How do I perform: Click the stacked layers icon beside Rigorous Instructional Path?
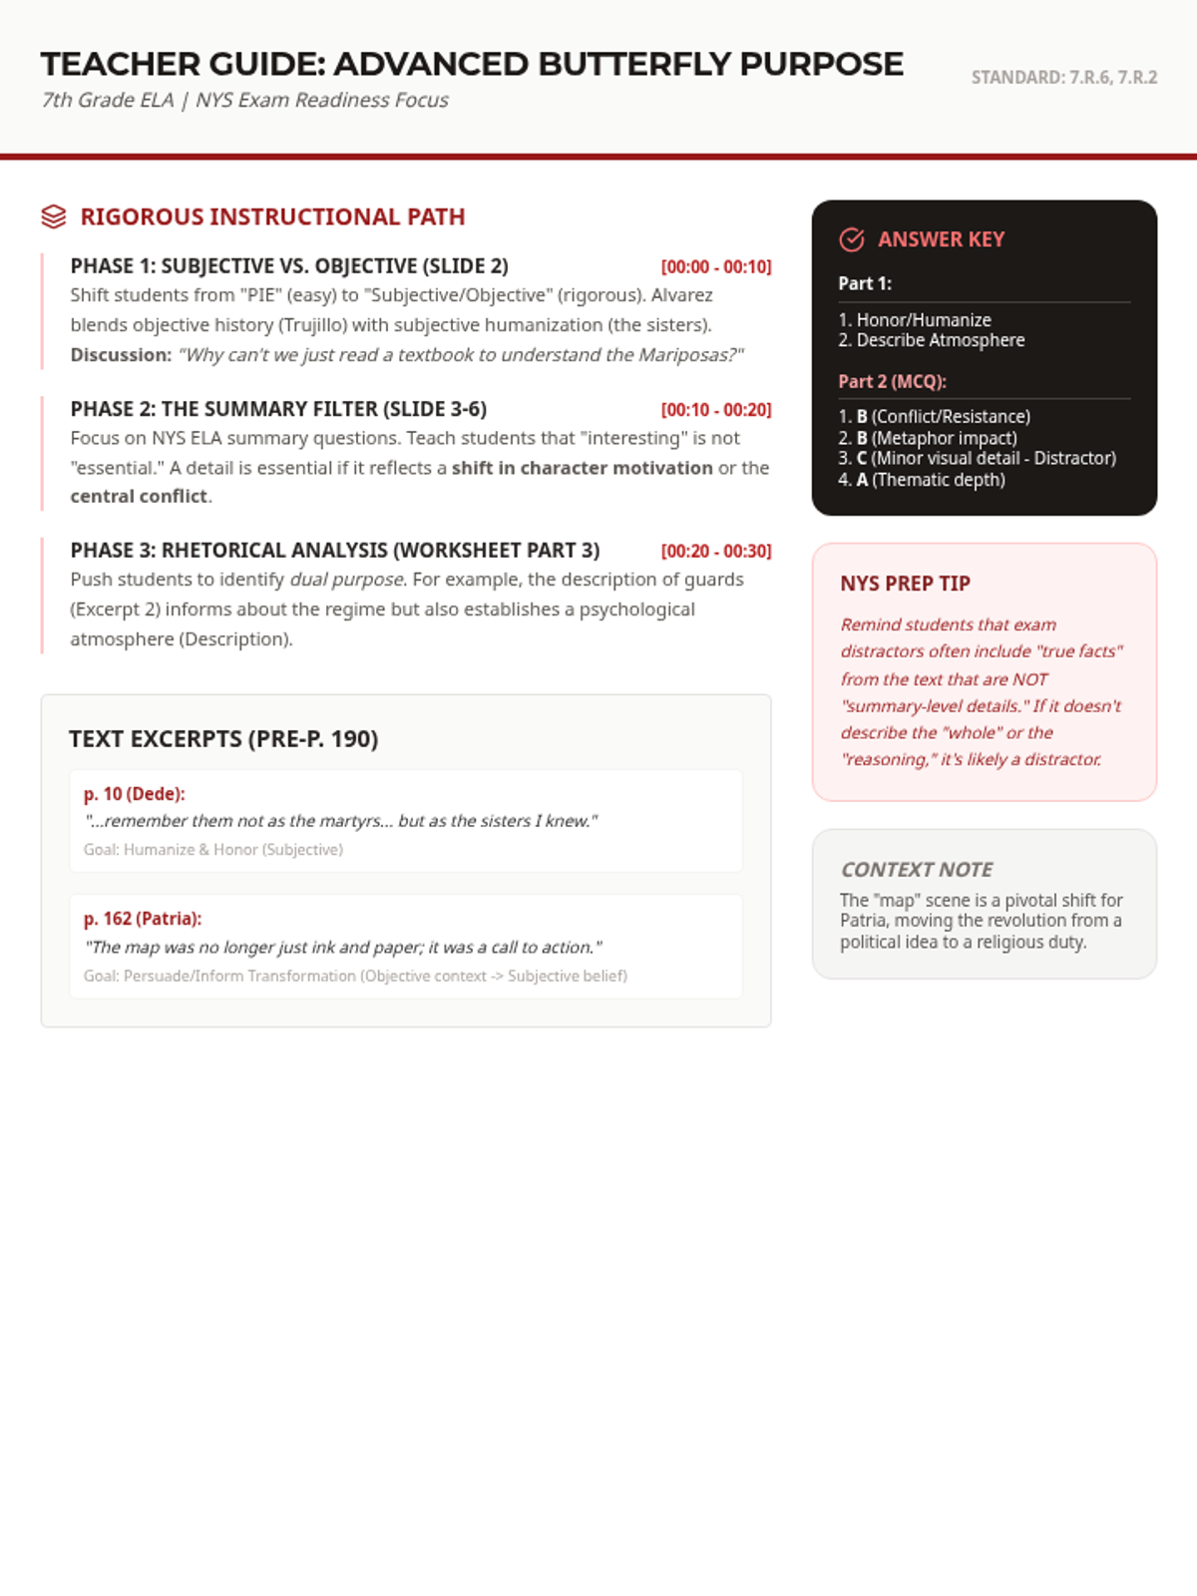click(x=54, y=216)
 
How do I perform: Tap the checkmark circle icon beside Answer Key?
click(x=852, y=239)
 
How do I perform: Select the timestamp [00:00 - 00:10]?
click(x=716, y=267)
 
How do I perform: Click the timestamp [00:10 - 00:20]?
click(x=716, y=410)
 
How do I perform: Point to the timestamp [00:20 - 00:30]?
click(x=716, y=552)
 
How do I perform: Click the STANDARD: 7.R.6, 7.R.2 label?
click(x=1063, y=78)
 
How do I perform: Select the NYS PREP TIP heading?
click(x=905, y=584)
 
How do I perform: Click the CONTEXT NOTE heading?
click(x=917, y=870)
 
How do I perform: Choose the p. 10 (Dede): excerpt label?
click(x=134, y=794)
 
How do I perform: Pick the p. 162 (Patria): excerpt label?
click(x=143, y=919)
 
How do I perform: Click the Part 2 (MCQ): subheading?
click(x=892, y=382)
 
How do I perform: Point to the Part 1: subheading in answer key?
click(x=865, y=283)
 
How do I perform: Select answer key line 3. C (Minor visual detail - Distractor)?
click(x=978, y=458)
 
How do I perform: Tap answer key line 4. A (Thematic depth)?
click(x=922, y=480)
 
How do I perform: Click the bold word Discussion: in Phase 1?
click(x=121, y=355)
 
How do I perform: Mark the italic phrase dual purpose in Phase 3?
click(x=347, y=580)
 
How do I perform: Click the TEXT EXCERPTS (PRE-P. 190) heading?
click(x=223, y=739)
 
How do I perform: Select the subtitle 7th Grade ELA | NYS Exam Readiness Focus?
click(x=245, y=101)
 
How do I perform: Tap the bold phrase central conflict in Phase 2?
click(x=139, y=497)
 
